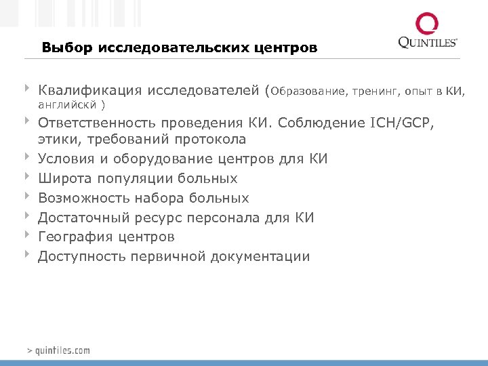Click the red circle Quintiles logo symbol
(428, 25)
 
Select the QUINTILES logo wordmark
(428, 43)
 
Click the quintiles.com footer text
(58, 350)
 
